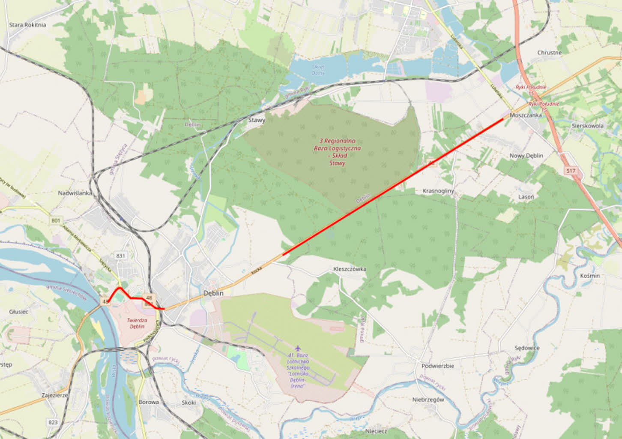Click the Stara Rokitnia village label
27,25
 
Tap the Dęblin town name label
213,293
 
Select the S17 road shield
570,171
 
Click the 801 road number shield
56,220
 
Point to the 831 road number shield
120,256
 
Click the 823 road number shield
53,422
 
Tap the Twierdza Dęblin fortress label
137,323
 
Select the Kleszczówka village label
350,269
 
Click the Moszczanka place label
526,115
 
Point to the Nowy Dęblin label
526,156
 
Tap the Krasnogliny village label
438,191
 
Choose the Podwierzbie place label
438,366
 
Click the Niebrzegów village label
428,400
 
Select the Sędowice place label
527,348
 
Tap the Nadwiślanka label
75,193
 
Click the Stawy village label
257,120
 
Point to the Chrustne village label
549,53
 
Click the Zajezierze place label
55,395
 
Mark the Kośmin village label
590,276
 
